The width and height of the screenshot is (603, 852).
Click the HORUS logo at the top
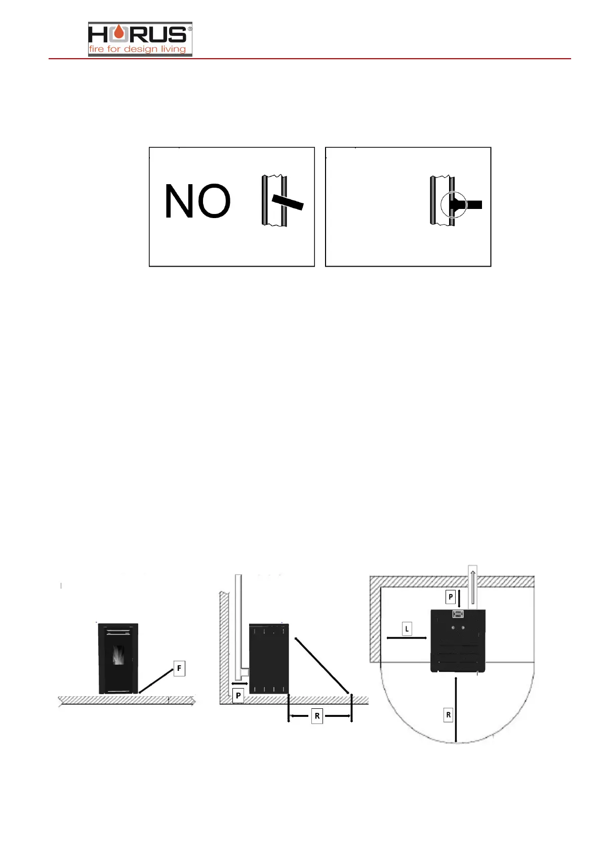point(140,38)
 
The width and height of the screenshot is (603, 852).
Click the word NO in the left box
point(197,201)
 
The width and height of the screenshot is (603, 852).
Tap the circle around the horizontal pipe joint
point(453,205)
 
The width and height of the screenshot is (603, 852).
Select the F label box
point(179,668)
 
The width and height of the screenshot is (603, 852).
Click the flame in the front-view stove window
point(118,657)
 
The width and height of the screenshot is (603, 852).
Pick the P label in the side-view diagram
point(238,696)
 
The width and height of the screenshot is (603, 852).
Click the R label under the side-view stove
point(317,716)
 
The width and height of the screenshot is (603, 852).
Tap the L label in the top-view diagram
point(407,629)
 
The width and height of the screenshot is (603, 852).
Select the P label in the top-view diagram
point(451,597)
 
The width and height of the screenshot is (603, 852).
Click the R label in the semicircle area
point(448,715)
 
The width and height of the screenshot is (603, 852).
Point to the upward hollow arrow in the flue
point(472,587)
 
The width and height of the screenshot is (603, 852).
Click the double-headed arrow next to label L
point(407,638)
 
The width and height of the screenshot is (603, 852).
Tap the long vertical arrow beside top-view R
point(456,708)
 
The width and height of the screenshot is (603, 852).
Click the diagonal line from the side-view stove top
point(321,665)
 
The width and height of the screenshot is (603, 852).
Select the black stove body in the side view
point(269,658)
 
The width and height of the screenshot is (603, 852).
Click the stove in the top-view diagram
point(458,641)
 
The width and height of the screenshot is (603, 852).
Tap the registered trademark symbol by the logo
point(190,29)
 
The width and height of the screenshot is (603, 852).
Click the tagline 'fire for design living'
point(137,49)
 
